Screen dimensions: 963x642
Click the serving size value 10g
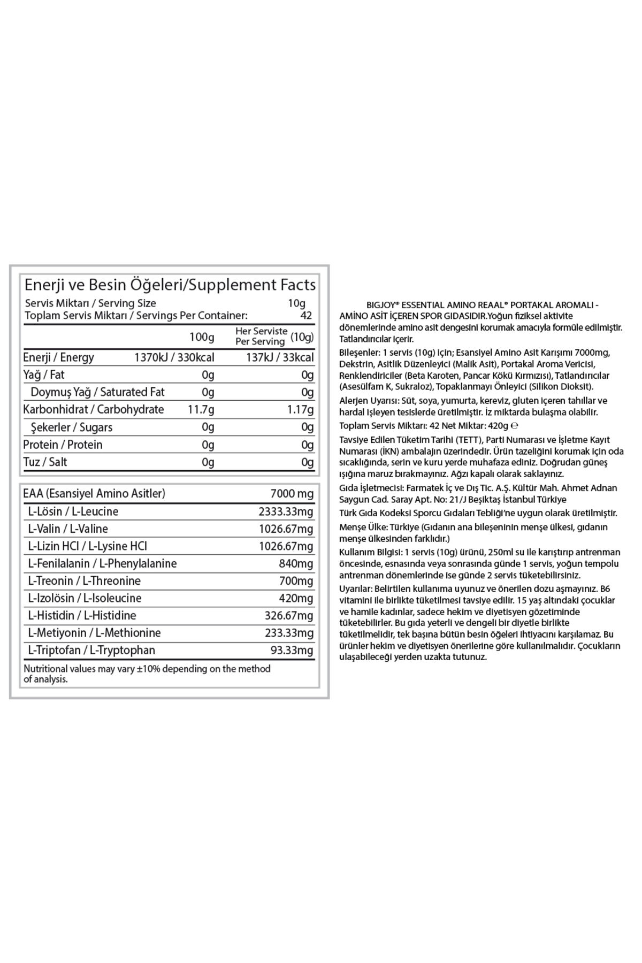pyautogui.click(x=297, y=303)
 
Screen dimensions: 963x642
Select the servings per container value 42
pyautogui.click(x=305, y=316)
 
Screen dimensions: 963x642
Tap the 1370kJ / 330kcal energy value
pyautogui.click(x=174, y=357)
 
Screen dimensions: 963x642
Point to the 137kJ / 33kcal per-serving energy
pyautogui.click(x=279, y=357)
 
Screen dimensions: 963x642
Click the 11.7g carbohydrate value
pyautogui.click(x=201, y=410)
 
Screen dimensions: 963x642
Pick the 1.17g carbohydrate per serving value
pyautogui.click(x=300, y=410)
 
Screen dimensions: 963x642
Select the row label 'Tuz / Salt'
pyautogui.click(x=45, y=462)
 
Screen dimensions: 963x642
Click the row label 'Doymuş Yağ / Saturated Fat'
pyautogui.click(x=97, y=392)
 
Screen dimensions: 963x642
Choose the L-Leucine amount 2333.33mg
pyautogui.click(x=286, y=511)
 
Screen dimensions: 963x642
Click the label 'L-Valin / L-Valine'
pyautogui.click(x=68, y=529)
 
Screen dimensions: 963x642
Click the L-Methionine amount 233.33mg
pyautogui.click(x=289, y=633)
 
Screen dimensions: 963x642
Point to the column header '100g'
pyautogui.click(x=202, y=337)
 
